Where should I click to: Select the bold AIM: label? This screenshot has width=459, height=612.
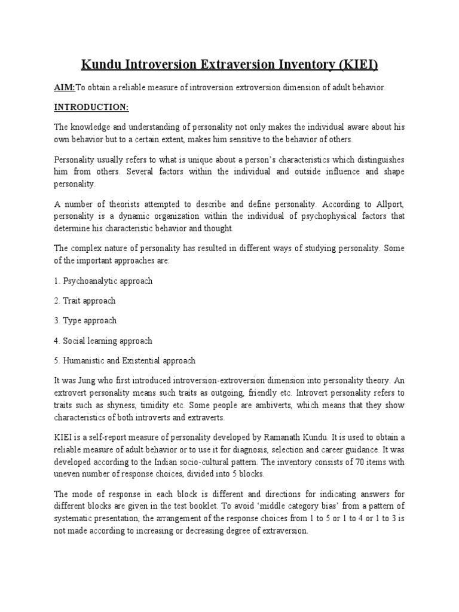65,87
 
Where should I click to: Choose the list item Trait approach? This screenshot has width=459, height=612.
84,301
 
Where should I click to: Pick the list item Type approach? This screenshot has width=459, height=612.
85,321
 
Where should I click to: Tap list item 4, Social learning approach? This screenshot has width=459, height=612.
103,341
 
